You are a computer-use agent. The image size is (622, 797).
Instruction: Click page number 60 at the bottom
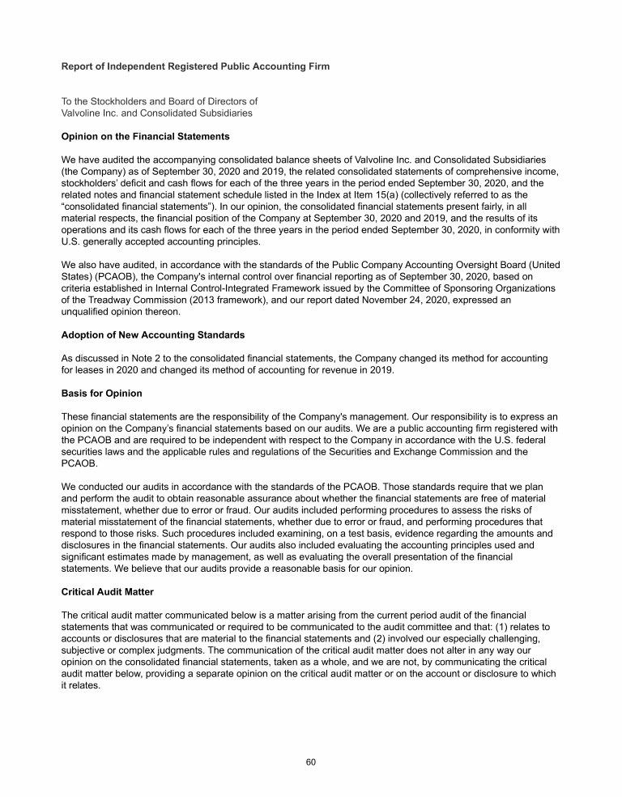[x=311, y=762]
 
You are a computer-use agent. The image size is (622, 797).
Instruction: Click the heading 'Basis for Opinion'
[x=102, y=394]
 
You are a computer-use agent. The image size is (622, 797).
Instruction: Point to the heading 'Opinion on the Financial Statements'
[x=146, y=136]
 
